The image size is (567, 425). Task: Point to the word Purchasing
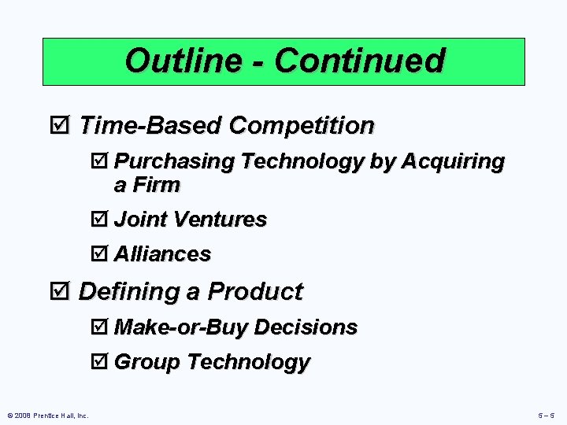174,162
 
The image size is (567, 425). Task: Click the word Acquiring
453,162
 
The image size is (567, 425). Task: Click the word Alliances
163,254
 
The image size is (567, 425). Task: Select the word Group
148,363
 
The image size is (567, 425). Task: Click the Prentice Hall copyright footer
47,415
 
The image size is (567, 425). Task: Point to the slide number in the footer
546,415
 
